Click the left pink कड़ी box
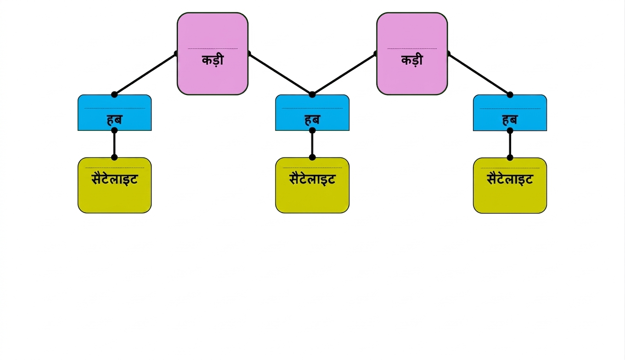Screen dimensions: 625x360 pyautogui.click(x=213, y=54)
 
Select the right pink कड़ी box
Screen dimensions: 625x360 pyautogui.click(x=412, y=54)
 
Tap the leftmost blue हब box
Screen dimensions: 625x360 pyautogui.click(x=114, y=113)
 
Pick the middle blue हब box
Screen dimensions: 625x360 pyautogui.click(x=312, y=113)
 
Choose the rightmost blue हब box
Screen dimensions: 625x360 pyautogui.click(x=510, y=113)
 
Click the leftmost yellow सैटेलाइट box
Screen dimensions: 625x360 pyautogui.click(x=114, y=186)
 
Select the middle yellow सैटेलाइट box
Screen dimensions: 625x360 pyautogui.click(x=312, y=186)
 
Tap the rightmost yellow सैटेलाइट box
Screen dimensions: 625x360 pyautogui.click(x=510, y=186)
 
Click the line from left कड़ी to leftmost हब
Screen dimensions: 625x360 pyautogui.click(x=145, y=74)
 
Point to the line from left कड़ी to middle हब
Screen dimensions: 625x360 pyautogui.click(x=281, y=74)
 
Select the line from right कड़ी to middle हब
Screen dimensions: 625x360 pyautogui.click(x=344, y=74)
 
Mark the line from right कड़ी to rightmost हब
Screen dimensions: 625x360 pyautogui.click(x=479, y=74)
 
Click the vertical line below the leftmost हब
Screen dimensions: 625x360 pyautogui.click(x=114, y=144)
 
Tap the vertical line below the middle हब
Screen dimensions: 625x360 pyautogui.click(x=312, y=144)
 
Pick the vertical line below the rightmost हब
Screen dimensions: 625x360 pyautogui.click(x=510, y=144)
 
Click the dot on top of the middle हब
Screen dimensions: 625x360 pyautogui.click(x=312, y=95)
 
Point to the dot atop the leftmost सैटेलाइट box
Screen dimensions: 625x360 pyautogui.click(x=114, y=157)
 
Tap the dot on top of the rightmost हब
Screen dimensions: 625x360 pyautogui.click(x=510, y=95)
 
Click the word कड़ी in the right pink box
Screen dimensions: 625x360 pyautogui.click(x=412, y=60)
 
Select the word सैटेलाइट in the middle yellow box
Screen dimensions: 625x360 pyautogui.click(x=312, y=179)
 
